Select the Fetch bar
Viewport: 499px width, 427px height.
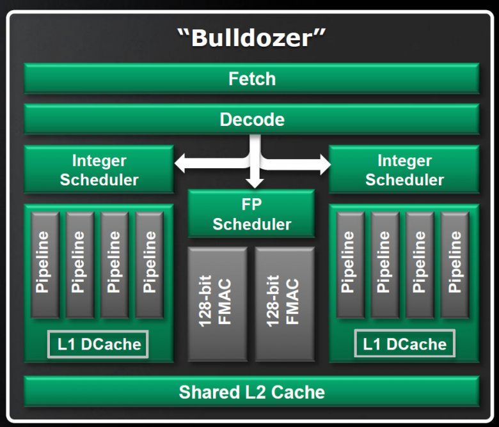pos(251,79)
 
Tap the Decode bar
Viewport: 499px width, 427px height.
pos(251,119)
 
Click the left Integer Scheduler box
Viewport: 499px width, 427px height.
pos(99,169)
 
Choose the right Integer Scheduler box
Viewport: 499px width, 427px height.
pos(404,169)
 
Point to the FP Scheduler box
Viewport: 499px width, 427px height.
pos(251,214)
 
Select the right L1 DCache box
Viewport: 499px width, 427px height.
pos(404,345)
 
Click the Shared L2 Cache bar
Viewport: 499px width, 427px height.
pos(251,391)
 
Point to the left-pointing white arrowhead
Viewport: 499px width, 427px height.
pos(180,163)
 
